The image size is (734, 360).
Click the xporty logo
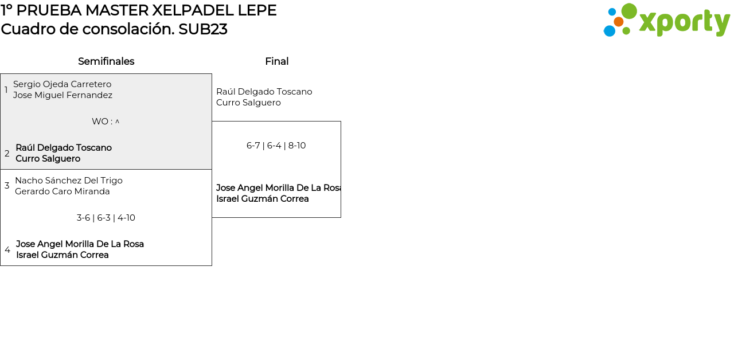click(x=666, y=20)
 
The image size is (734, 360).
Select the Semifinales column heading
click(x=106, y=61)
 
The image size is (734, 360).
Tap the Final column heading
click(x=277, y=61)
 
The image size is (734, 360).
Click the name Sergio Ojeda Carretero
click(x=63, y=84)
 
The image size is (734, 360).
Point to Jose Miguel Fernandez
click(x=63, y=95)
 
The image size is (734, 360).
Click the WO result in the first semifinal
click(x=106, y=122)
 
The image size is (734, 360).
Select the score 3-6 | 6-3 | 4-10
click(x=106, y=218)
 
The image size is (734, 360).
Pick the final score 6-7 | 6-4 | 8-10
click(x=276, y=146)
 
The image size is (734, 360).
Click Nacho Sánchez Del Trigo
click(x=69, y=181)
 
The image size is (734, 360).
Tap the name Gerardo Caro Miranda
click(x=63, y=191)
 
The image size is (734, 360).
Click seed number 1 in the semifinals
click(x=6, y=89)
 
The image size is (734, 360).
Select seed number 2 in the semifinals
click(x=7, y=153)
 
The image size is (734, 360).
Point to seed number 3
click(x=7, y=185)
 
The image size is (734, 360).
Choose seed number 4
click(x=7, y=249)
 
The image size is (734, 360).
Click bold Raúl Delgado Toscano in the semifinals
click(x=64, y=148)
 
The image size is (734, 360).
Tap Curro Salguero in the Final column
click(x=248, y=103)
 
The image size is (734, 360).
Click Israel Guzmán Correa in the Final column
click(x=263, y=199)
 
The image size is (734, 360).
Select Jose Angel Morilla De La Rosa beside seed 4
click(x=80, y=244)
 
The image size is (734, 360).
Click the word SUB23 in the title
click(x=203, y=29)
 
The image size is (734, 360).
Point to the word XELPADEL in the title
click(x=193, y=10)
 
